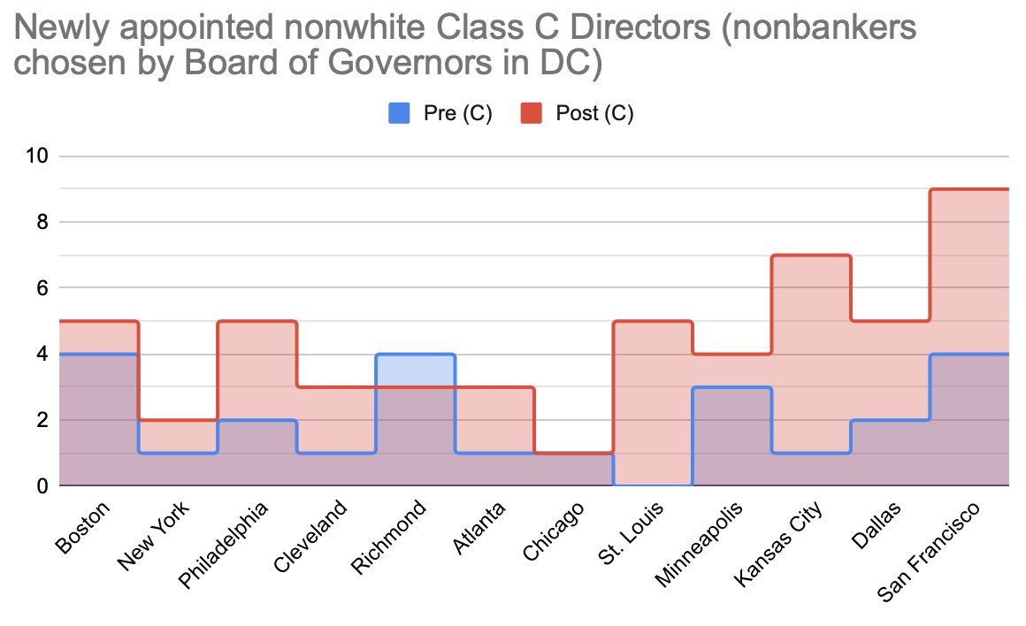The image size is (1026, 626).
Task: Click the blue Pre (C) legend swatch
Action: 400,113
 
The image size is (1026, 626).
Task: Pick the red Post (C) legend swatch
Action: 532,113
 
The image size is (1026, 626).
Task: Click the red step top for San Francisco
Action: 969,189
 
